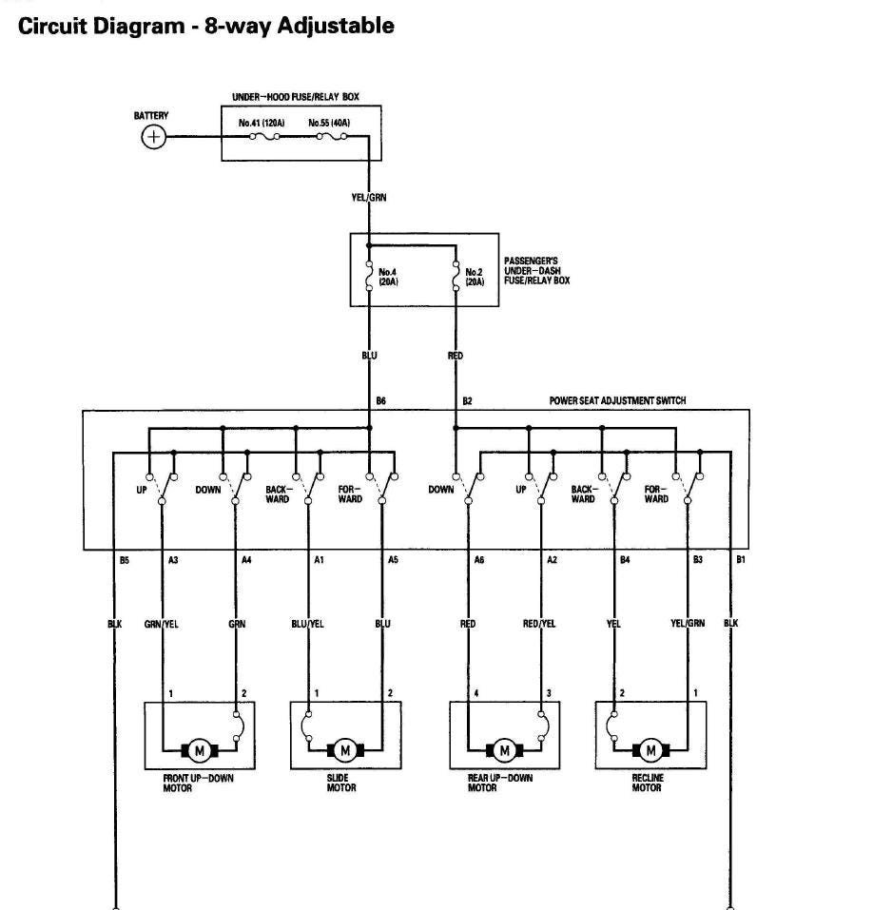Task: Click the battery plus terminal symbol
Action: click(153, 137)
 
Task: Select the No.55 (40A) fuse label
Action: click(330, 124)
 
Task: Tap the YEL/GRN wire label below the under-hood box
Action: click(369, 198)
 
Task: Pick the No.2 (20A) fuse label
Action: click(475, 277)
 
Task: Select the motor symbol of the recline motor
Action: click(651, 750)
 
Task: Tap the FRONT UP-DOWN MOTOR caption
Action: click(198, 783)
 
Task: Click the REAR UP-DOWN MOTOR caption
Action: click(499, 783)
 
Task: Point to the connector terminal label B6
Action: click(380, 401)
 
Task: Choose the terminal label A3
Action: click(173, 560)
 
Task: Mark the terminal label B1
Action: click(741, 560)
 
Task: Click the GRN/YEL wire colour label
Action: click(162, 625)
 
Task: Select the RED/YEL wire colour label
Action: click(539, 625)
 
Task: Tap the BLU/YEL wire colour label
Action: click(307, 625)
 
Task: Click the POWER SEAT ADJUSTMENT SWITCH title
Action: click(617, 401)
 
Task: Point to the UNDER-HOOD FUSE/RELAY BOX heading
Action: click(296, 97)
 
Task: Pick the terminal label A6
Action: click(478, 560)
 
